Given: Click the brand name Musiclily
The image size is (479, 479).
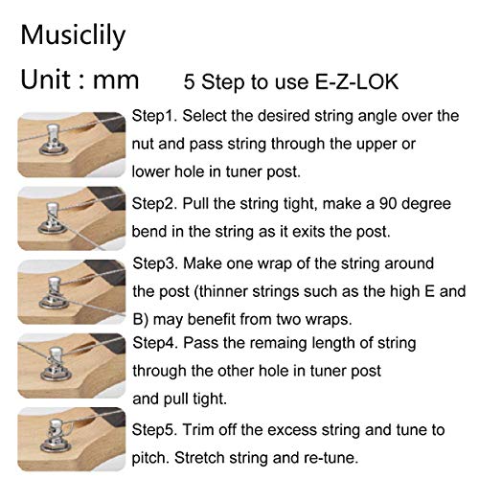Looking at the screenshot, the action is pyautogui.click(x=73, y=36).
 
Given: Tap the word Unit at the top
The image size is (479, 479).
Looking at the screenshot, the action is pyautogui.click(x=46, y=80).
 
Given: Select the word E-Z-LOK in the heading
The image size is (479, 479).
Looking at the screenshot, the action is pyautogui.click(x=356, y=81).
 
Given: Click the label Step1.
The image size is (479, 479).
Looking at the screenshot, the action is pyautogui.click(x=154, y=116).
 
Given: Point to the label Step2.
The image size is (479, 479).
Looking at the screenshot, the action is pyautogui.click(x=154, y=204).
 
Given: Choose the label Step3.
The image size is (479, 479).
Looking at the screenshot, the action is pyautogui.click(x=155, y=263).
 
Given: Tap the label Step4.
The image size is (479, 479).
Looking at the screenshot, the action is pyautogui.click(x=155, y=343).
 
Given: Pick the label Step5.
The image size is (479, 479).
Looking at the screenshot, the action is pyautogui.click(x=154, y=430).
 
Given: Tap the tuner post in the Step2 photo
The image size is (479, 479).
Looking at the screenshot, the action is pyautogui.click(x=53, y=217).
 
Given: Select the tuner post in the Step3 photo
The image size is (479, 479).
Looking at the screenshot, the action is pyautogui.click(x=54, y=293).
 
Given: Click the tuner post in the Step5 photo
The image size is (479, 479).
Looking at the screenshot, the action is pyautogui.click(x=55, y=436).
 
